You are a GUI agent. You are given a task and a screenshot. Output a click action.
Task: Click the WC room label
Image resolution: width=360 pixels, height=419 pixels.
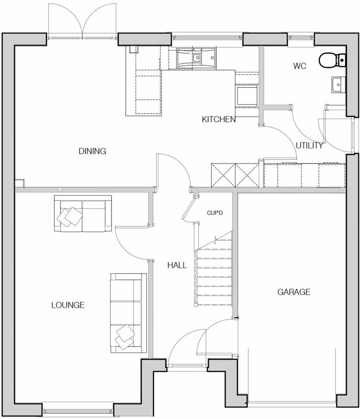click(x=299, y=66)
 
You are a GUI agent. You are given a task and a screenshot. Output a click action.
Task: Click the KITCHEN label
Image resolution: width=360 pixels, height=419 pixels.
click(x=218, y=119)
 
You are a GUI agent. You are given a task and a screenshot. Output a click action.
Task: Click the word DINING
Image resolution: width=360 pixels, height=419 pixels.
click(x=93, y=151)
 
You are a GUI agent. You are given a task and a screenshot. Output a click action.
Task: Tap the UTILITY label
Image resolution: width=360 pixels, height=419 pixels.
click(x=309, y=146)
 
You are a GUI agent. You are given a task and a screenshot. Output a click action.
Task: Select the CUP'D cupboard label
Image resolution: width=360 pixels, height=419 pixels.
click(x=215, y=213)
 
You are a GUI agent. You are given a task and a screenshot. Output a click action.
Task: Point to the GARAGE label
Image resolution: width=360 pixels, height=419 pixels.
click(x=294, y=292)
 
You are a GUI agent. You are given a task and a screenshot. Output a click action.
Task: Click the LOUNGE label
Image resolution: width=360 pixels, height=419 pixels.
click(x=68, y=305)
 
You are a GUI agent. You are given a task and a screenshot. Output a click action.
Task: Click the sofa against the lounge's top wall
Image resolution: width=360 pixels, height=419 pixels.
click(x=82, y=213)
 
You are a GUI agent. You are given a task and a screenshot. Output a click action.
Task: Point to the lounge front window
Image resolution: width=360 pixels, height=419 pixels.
click(x=78, y=411)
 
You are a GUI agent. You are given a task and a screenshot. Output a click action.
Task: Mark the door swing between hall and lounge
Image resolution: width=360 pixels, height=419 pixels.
click(x=131, y=242)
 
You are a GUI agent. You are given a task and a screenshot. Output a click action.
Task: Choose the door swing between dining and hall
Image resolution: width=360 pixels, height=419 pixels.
click(x=173, y=171)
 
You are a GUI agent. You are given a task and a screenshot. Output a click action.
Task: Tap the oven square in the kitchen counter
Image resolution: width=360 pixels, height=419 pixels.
click(x=247, y=95)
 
